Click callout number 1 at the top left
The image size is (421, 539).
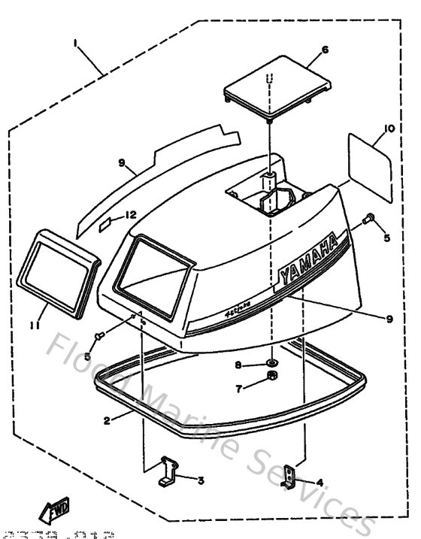click(x=75, y=44)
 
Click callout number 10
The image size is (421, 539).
click(x=388, y=129)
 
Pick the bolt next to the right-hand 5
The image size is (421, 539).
click(x=368, y=220)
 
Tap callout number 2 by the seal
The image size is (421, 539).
click(x=107, y=421)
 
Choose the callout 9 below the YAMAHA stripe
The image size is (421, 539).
click(x=389, y=319)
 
